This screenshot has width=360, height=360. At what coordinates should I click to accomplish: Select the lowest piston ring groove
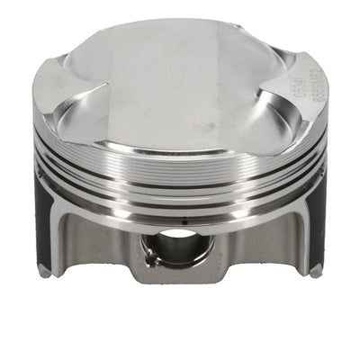click(180, 192)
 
